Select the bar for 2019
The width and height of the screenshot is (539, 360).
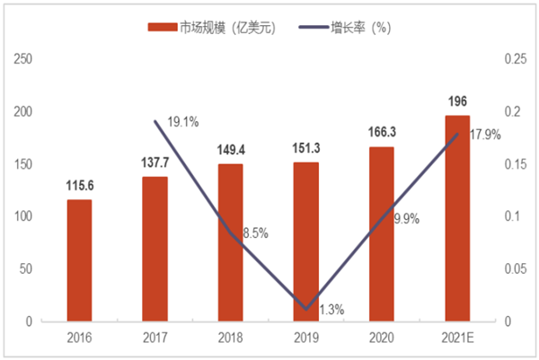click(306, 241)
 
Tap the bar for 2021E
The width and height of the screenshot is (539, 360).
click(457, 218)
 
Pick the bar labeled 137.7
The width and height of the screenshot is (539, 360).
click(155, 249)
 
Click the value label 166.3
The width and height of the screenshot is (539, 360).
click(382, 132)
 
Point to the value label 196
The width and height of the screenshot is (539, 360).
click(457, 101)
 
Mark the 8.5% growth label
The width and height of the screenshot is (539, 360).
click(253, 233)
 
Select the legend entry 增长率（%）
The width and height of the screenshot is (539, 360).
click(356, 28)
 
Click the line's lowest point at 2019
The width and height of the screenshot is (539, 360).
click(306, 308)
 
